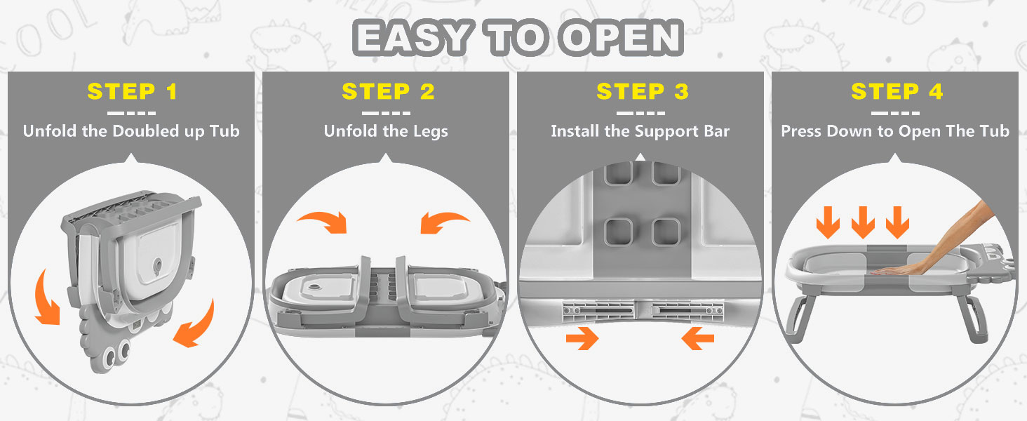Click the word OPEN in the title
tap(622, 38)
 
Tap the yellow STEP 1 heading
tap(132, 91)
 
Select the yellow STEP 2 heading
tap(388, 91)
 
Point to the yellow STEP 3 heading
tap(643, 91)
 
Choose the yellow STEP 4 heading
tap(897, 91)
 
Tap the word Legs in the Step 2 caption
tap(431, 132)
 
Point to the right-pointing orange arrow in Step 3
tap(582, 338)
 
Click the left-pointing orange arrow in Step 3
tap(698, 338)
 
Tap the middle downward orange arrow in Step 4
tap(863, 222)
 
